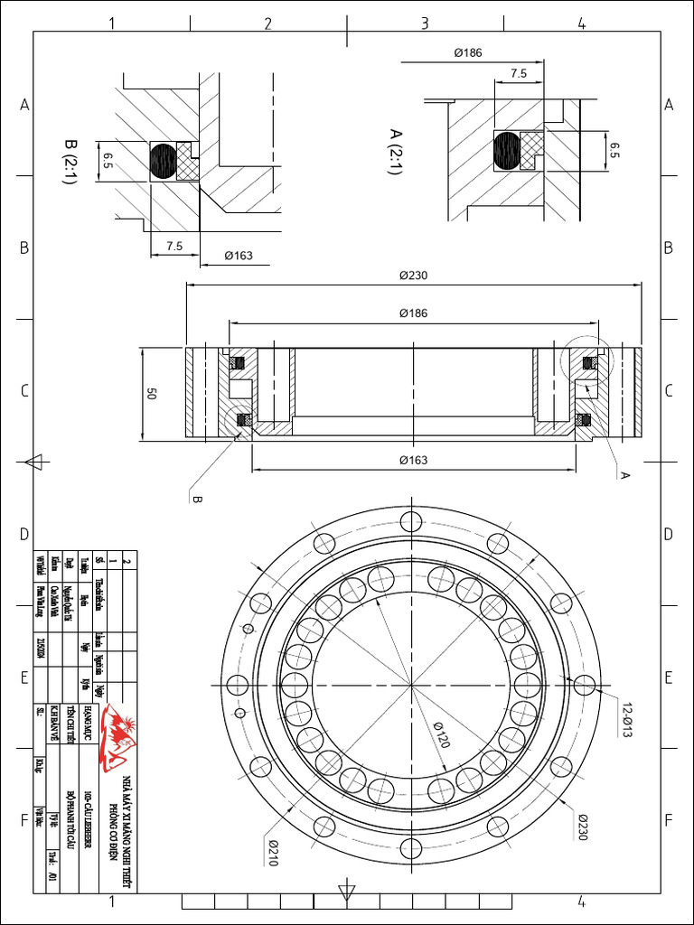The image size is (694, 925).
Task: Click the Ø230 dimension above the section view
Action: (413, 276)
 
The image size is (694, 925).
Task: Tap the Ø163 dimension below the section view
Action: (413, 461)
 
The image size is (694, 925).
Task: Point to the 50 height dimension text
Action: (152, 395)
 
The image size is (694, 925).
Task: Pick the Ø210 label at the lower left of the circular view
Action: (271, 851)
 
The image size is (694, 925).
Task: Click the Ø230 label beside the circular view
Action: (586, 825)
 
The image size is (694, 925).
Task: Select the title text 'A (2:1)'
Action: (395, 151)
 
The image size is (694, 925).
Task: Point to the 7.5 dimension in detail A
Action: (519, 74)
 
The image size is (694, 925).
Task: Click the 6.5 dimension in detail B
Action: (108, 161)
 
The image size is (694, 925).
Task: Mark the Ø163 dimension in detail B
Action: (238, 256)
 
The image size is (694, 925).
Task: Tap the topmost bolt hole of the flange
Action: (411, 521)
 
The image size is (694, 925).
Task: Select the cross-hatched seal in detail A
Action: (532, 150)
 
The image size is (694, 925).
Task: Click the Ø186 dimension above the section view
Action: (413, 313)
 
